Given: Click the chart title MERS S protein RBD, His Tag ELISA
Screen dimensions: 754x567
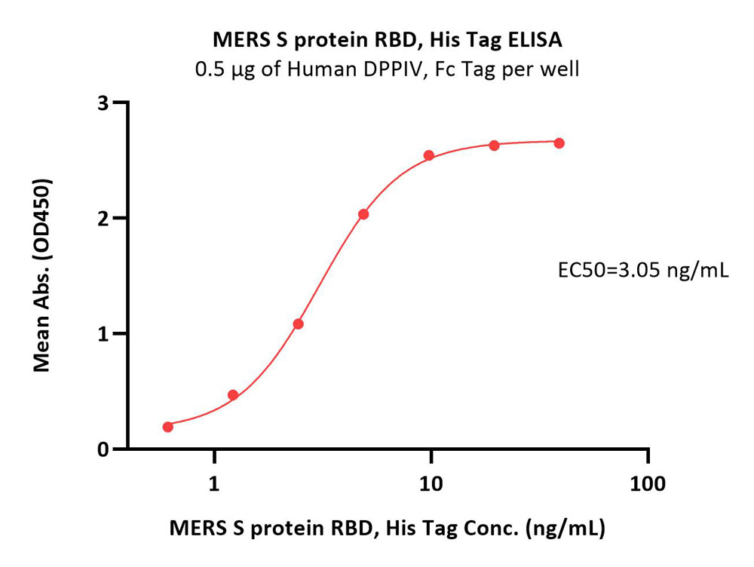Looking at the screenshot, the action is click(388, 41).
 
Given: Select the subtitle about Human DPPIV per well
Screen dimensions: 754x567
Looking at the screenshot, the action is click(387, 69).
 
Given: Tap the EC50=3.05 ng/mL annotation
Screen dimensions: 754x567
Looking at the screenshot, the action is click(643, 271).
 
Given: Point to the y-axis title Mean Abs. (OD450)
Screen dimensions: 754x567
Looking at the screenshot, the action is click(41, 275).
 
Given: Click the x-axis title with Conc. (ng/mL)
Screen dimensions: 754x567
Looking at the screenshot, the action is click(387, 528).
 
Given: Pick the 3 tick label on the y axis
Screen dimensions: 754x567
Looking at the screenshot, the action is click(103, 103).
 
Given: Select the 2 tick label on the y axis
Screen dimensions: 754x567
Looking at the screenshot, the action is click(103, 219).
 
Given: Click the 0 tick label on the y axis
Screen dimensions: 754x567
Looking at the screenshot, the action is click(103, 449).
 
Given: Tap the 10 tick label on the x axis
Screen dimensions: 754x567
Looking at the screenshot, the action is click(431, 484).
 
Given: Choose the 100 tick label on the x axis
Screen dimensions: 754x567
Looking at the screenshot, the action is click(648, 484).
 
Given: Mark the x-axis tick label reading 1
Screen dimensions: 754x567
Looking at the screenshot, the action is click(214, 484).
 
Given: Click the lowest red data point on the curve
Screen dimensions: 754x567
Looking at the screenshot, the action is click(168, 427).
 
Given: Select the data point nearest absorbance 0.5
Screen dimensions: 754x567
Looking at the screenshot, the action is click(233, 395).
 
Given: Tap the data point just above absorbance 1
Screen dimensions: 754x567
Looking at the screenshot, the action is click(298, 324).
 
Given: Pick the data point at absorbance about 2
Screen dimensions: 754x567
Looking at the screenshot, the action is click(363, 214).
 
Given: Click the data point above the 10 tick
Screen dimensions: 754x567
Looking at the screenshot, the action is click(429, 155).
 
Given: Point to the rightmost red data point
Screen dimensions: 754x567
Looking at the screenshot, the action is click(559, 143).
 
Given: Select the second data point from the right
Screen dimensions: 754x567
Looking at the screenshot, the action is click(495, 146).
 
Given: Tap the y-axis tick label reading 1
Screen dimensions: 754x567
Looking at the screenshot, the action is click(103, 334).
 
